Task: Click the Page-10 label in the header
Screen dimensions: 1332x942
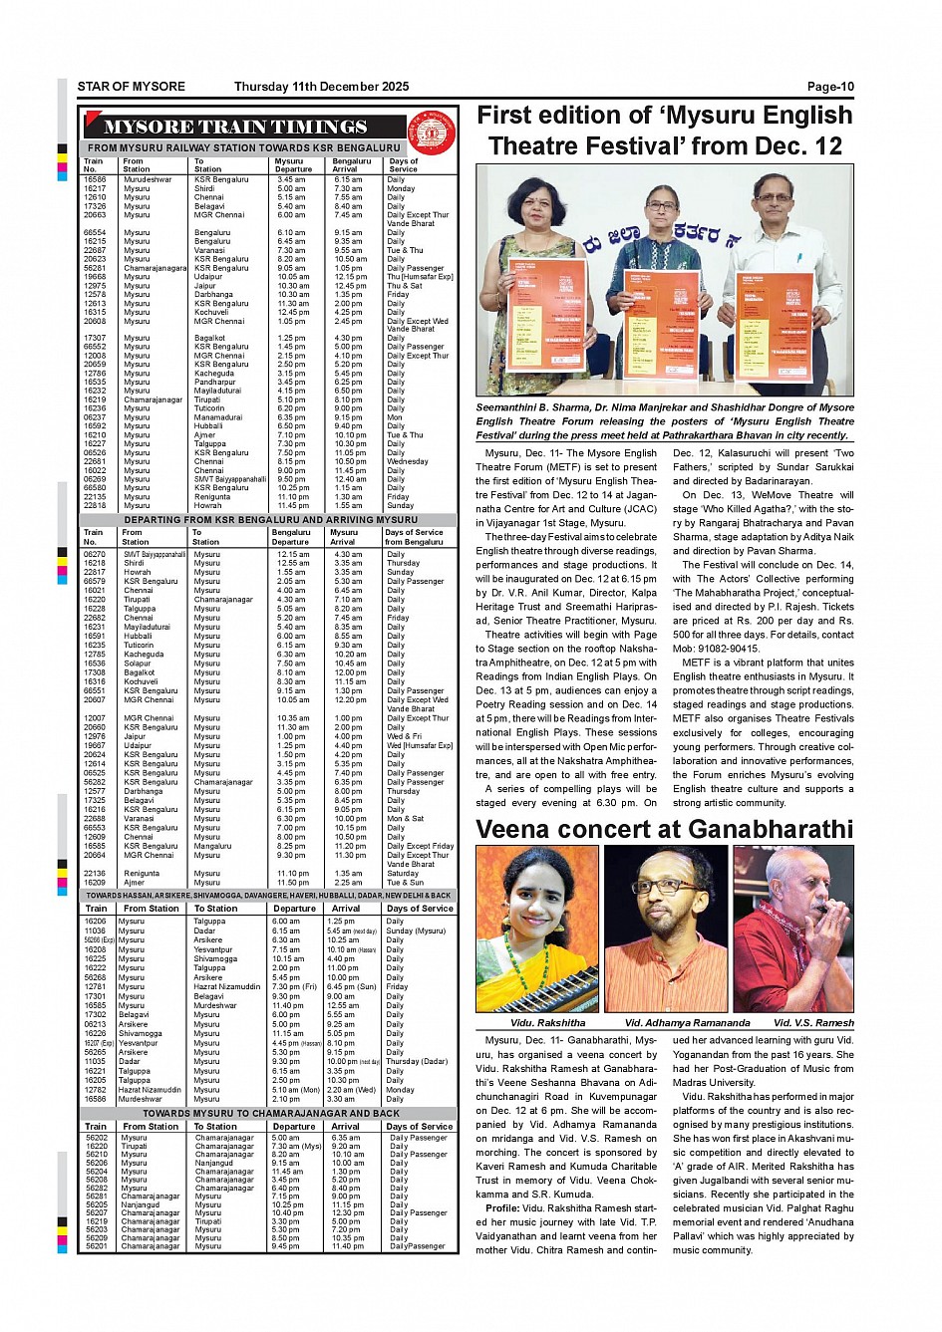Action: click(830, 87)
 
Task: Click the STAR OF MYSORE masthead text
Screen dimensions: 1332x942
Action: click(131, 87)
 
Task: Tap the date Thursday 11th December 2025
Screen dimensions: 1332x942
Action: click(321, 87)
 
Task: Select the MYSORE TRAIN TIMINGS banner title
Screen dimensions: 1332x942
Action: click(236, 128)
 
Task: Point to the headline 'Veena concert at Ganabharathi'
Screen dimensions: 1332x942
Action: click(664, 829)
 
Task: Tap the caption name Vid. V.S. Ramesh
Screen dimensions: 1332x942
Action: click(813, 1022)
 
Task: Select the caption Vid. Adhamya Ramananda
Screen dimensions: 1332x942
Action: click(687, 1022)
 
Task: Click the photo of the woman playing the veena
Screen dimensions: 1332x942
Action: click(537, 929)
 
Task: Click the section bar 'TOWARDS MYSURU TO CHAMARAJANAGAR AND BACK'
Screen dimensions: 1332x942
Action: click(270, 1113)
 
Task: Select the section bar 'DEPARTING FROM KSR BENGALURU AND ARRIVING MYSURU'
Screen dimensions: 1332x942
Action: click(270, 520)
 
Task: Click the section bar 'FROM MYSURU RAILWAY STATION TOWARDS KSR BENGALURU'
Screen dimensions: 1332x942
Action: click(243, 147)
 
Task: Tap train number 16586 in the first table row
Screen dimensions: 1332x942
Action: click(95, 180)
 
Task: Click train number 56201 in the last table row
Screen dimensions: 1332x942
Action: click(97, 1246)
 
